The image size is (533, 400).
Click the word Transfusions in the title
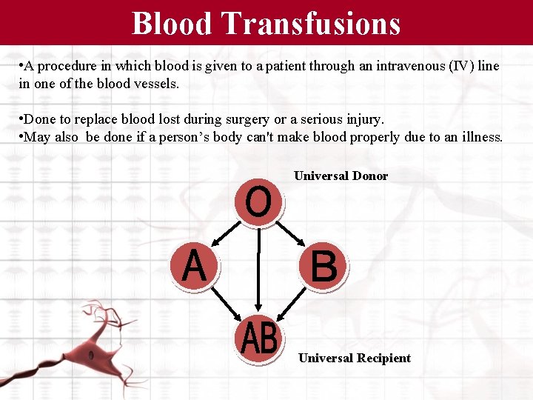[x=311, y=23]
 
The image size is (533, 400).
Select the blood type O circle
[x=258, y=202]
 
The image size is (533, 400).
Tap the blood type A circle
[x=194, y=266]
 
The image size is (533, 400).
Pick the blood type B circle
[x=324, y=266]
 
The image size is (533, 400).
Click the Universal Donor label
[x=341, y=176]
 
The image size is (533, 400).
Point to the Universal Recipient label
[x=354, y=359]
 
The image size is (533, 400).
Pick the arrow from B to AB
[x=292, y=301]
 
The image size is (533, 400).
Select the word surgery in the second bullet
[x=261, y=119]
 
